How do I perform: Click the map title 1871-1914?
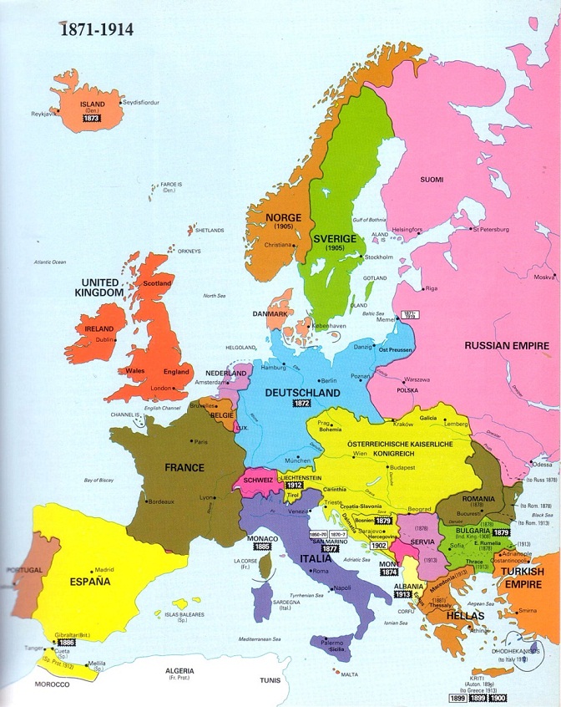(x=95, y=29)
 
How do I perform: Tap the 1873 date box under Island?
(x=91, y=120)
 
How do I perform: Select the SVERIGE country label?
(x=335, y=238)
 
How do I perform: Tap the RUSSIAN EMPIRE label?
(x=506, y=345)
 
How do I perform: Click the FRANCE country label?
(x=184, y=467)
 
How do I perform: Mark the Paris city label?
(x=200, y=441)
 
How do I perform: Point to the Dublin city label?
(x=104, y=340)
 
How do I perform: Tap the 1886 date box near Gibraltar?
(x=66, y=642)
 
